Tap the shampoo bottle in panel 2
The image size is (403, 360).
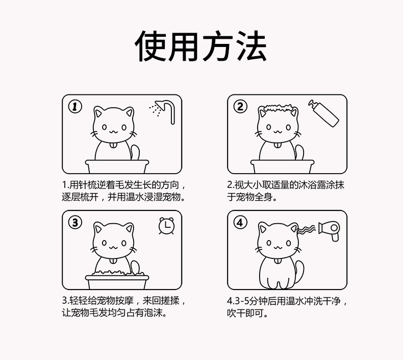point(323,113)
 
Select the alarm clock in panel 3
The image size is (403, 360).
point(166,226)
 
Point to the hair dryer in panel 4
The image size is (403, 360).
point(330,231)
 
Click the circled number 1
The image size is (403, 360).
point(75,107)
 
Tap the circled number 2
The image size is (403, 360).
point(240,107)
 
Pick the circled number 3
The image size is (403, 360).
point(75,222)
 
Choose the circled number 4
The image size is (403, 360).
point(240,222)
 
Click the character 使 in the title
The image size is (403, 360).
point(150,46)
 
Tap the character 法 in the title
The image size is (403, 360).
point(251,46)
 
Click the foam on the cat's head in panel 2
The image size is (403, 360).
point(278,108)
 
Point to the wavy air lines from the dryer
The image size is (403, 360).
point(306,229)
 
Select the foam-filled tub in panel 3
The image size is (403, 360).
point(117,279)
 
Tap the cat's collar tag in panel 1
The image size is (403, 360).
point(113,146)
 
